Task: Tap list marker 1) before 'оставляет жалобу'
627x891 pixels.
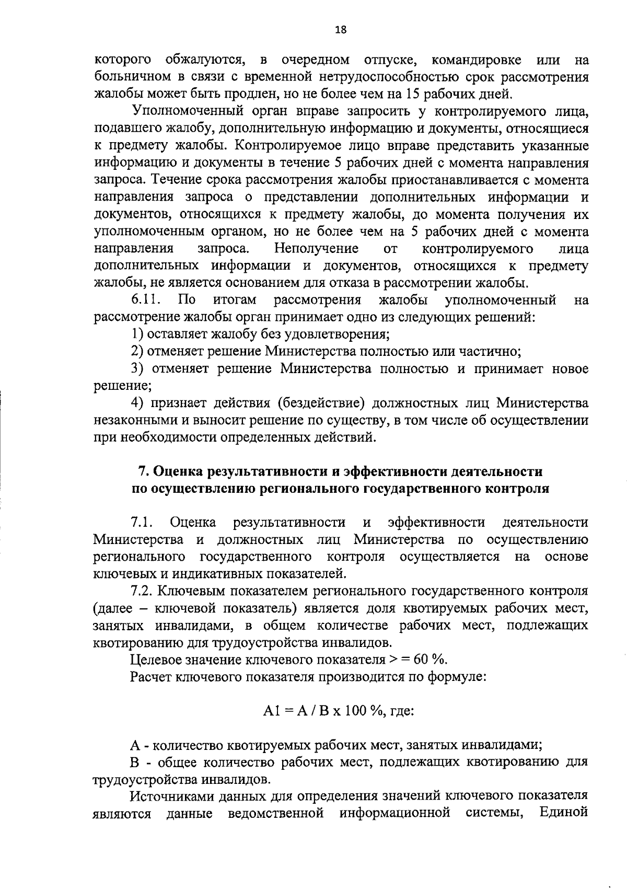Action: point(137,334)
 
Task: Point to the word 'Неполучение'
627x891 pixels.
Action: point(317,248)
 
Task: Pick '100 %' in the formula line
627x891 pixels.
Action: point(361,711)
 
